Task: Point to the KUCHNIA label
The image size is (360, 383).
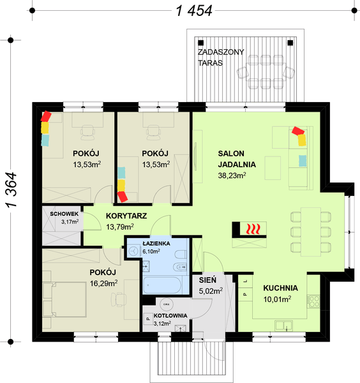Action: click(x=277, y=287)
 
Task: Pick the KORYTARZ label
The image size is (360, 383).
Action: click(x=126, y=216)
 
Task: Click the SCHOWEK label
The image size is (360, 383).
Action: click(x=61, y=214)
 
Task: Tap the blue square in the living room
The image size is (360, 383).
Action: click(x=302, y=160)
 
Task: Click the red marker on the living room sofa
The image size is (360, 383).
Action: click(x=297, y=131)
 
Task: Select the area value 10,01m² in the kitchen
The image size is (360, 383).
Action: click(x=277, y=298)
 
